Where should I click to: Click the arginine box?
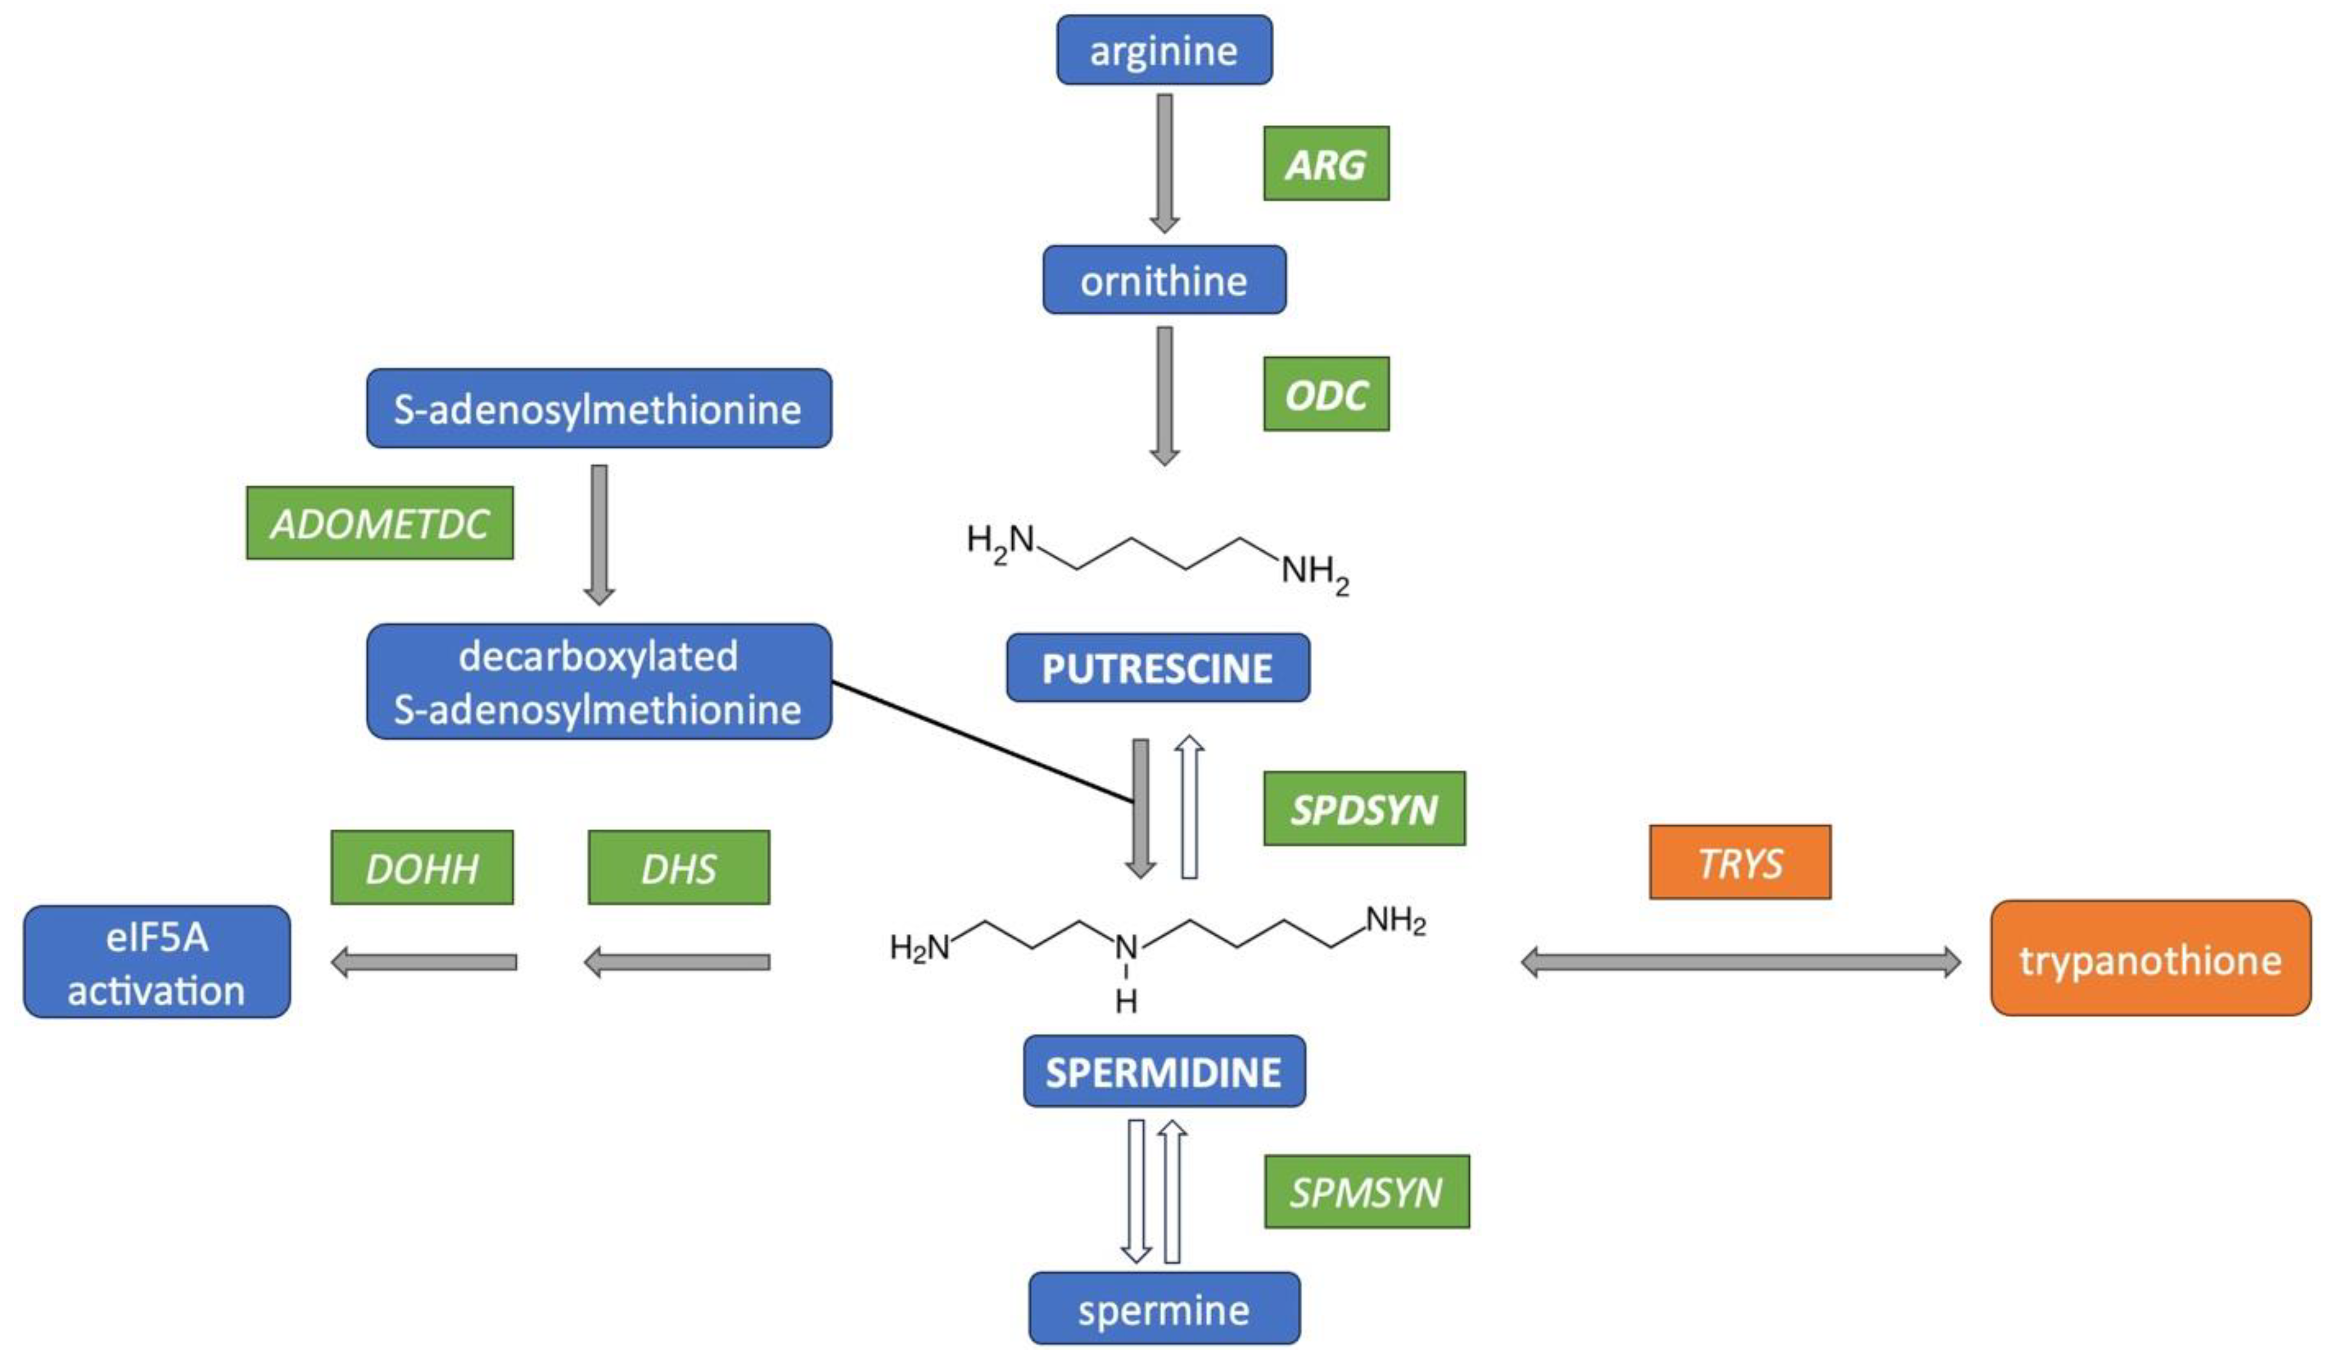1164,50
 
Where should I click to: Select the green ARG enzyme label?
1325,164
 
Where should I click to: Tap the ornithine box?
1164,280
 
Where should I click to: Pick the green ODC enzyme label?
1325,395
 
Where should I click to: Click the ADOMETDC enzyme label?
380,524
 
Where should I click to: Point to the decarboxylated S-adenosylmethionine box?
599,682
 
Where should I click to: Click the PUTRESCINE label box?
1158,668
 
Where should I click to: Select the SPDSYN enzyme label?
1363,809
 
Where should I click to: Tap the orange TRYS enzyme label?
1740,862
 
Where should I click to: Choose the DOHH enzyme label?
422,868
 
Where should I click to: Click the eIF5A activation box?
157,962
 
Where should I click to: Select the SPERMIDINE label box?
1164,1071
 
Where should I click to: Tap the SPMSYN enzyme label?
1367,1192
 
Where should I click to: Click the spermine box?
1164,1309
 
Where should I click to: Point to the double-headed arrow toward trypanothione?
1741,962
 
